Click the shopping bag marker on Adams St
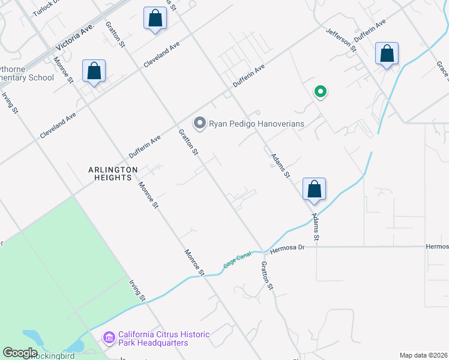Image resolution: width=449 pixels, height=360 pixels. pos(314,190)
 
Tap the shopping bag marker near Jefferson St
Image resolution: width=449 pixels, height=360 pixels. pos(387,54)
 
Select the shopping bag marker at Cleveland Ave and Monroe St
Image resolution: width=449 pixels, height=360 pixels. pos(94,71)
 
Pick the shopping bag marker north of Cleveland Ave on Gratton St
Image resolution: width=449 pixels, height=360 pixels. pos(155,19)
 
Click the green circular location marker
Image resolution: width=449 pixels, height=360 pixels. pos(321,92)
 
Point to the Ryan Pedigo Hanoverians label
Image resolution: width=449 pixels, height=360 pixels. pos(256,124)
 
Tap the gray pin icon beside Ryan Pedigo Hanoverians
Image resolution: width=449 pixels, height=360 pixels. pos(200,124)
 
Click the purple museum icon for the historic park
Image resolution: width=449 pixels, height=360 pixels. pos(109,338)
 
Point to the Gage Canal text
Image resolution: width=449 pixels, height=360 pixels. pos(237,260)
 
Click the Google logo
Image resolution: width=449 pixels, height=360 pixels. pos(20,353)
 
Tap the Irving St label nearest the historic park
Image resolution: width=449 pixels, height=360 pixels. pos(138,290)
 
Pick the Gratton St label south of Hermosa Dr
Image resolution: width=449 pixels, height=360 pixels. pos(267,277)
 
